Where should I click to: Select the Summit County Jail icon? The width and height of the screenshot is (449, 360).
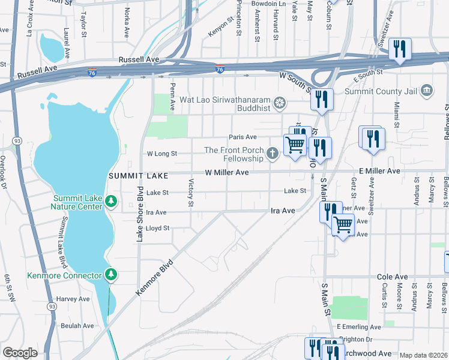point(427,91)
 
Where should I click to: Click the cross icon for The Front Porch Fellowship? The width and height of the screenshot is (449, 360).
point(273,154)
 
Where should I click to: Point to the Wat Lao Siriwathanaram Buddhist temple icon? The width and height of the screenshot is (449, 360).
point(279,103)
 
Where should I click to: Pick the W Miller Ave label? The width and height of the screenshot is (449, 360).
point(226,172)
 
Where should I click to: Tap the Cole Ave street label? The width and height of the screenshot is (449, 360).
point(392,277)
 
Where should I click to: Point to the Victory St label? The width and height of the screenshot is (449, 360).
point(191,193)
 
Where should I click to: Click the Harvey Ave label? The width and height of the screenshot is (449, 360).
point(73,299)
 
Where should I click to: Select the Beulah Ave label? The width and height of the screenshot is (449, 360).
point(77,326)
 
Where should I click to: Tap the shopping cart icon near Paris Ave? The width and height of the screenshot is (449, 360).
point(295,144)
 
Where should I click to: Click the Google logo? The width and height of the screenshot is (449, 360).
point(20,353)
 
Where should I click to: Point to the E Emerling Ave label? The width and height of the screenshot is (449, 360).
point(358,327)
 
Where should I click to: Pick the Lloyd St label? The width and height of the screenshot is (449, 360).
point(158,228)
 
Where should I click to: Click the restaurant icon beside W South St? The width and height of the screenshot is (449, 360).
point(322,98)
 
